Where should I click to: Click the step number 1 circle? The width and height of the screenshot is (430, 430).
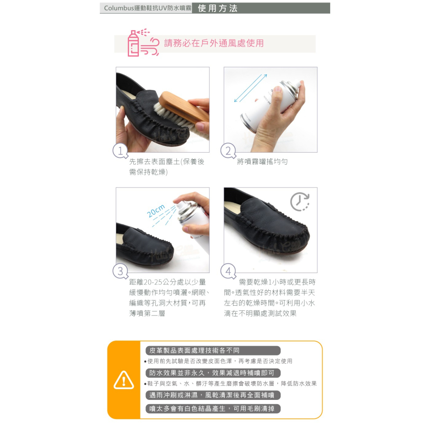click(120, 150)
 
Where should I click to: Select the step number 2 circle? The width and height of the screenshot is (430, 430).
click(228, 150)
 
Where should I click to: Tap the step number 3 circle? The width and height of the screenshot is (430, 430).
click(120, 271)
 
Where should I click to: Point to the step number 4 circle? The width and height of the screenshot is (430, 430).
click(228, 271)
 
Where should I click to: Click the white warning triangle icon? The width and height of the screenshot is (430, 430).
click(124, 380)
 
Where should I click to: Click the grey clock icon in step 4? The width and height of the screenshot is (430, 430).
click(300, 202)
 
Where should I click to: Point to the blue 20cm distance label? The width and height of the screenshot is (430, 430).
click(156, 210)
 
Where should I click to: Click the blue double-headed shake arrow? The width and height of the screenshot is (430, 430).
click(250, 88)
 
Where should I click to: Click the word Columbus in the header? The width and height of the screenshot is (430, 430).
click(119, 8)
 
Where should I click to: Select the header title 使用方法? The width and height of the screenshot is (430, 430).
click(218, 8)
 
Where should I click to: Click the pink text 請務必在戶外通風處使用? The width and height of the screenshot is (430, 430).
click(214, 43)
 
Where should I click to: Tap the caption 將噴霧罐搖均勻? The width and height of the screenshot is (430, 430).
click(262, 162)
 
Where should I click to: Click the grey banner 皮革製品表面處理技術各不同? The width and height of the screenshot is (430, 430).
click(213, 350)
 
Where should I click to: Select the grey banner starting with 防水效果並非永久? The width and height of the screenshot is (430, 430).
click(213, 373)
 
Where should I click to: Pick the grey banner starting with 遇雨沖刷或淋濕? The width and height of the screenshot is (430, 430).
click(213, 395)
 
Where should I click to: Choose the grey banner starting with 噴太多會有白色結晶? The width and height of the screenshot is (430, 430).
click(213, 408)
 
